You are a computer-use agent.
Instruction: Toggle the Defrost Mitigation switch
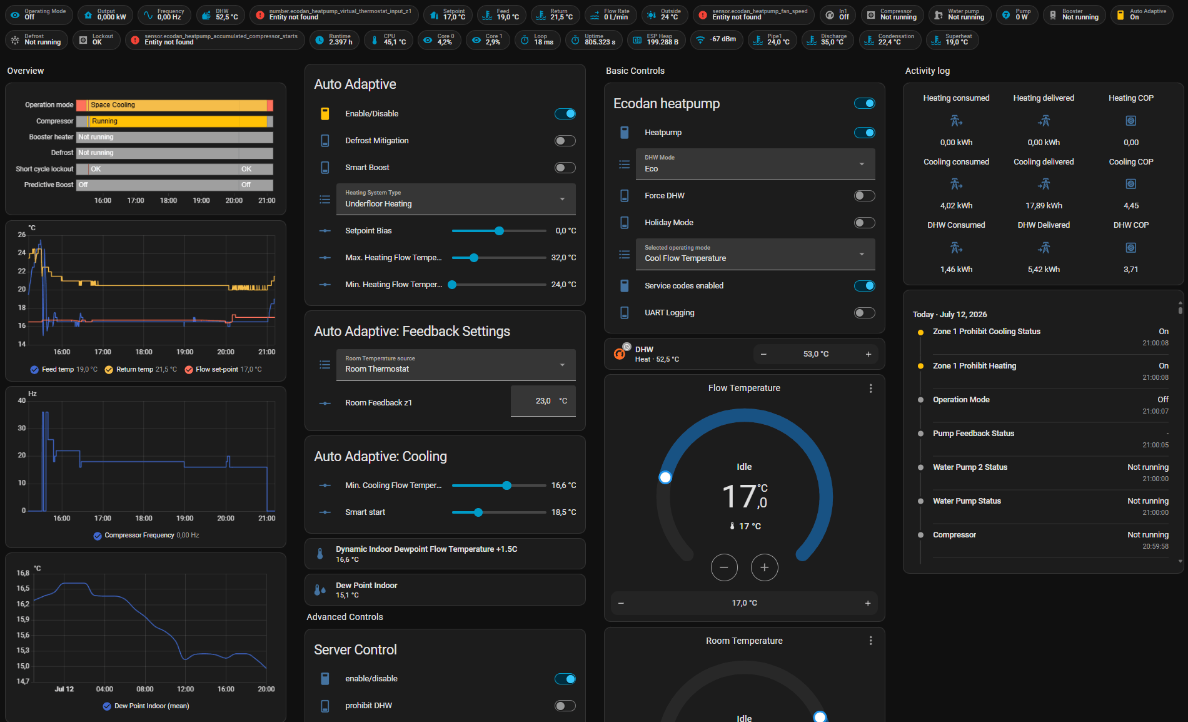click(565, 141)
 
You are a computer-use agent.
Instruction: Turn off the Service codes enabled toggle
click(864, 286)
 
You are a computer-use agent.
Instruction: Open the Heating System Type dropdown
click(456, 199)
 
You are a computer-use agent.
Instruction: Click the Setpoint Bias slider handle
click(499, 231)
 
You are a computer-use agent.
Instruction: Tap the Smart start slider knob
click(478, 512)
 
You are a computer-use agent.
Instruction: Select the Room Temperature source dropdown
click(456, 365)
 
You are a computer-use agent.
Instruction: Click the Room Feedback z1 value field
click(543, 401)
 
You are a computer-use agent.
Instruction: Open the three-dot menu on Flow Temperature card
click(870, 389)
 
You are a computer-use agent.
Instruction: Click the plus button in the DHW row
click(868, 354)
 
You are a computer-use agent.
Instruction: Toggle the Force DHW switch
click(864, 196)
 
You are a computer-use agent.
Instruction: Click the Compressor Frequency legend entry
click(146, 536)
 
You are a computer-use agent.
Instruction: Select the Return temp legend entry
click(141, 370)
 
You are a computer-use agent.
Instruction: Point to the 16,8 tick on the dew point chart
click(23, 573)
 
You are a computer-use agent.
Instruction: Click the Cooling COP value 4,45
click(1131, 206)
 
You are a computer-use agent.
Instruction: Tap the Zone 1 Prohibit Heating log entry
click(974, 366)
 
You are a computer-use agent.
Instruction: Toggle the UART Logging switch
click(864, 313)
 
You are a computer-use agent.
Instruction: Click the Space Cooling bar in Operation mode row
click(178, 105)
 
